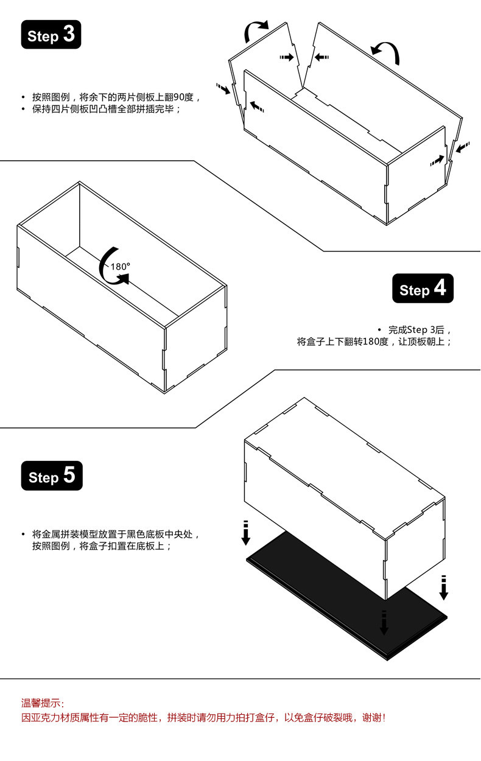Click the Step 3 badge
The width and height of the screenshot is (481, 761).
pos(51,35)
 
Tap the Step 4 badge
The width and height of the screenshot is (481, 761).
pos(423,289)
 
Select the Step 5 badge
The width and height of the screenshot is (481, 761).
pos(52,475)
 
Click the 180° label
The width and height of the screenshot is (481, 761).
pos(120,266)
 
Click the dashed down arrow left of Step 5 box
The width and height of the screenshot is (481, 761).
pos(245,533)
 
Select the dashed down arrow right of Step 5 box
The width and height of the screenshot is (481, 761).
pos(444,587)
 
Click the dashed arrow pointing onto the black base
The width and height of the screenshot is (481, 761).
pos(384,622)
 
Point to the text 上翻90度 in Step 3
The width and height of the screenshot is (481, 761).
pos(175,97)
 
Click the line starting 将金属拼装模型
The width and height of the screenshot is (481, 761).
pos(116,534)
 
